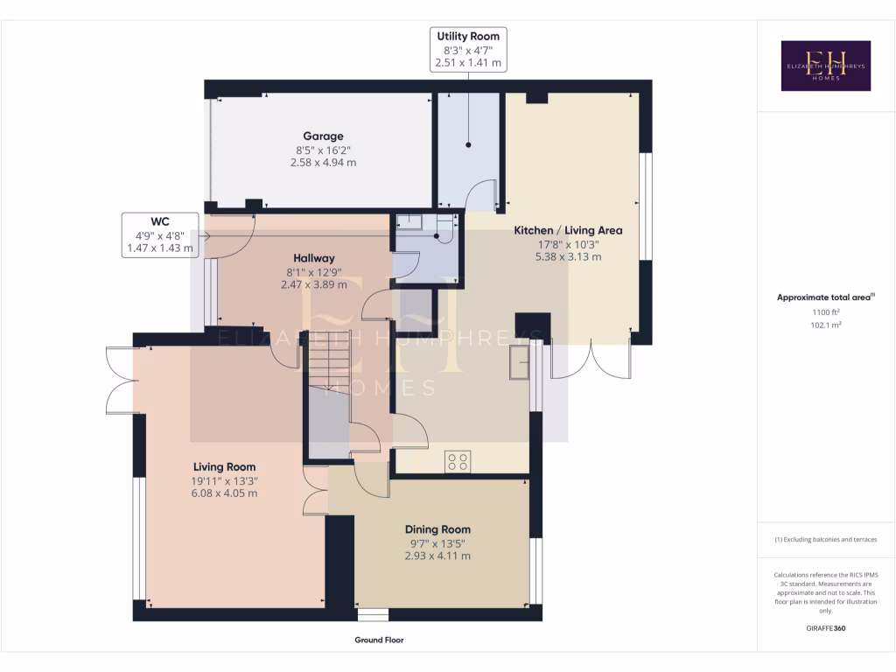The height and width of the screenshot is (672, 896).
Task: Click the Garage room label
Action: click(x=323, y=136)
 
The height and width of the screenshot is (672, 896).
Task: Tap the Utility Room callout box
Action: click(x=468, y=49)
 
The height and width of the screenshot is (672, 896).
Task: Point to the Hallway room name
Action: click(x=314, y=258)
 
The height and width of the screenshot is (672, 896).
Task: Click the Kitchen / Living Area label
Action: click(x=568, y=230)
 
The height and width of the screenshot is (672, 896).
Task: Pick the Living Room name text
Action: click(x=224, y=466)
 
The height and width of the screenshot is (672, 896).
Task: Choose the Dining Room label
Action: click(x=437, y=529)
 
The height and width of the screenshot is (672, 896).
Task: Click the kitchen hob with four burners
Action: click(x=458, y=461)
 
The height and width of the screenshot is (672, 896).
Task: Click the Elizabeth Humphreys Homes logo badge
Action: click(x=826, y=66)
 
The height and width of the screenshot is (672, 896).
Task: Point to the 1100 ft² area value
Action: click(x=826, y=311)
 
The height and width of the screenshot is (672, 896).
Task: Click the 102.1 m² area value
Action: click(x=826, y=324)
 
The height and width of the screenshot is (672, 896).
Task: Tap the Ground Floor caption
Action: click(x=379, y=640)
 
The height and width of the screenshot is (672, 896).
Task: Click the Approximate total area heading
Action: click(x=826, y=297)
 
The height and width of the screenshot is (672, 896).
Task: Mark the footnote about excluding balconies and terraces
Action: click(x=826, y=539)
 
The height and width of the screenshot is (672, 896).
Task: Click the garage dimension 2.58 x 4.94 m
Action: click(x=323, y=162)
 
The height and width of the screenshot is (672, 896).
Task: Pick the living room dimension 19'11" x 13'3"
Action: click(x=224, y=480)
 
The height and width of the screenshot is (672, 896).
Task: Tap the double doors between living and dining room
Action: click(x=314, y=492)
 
